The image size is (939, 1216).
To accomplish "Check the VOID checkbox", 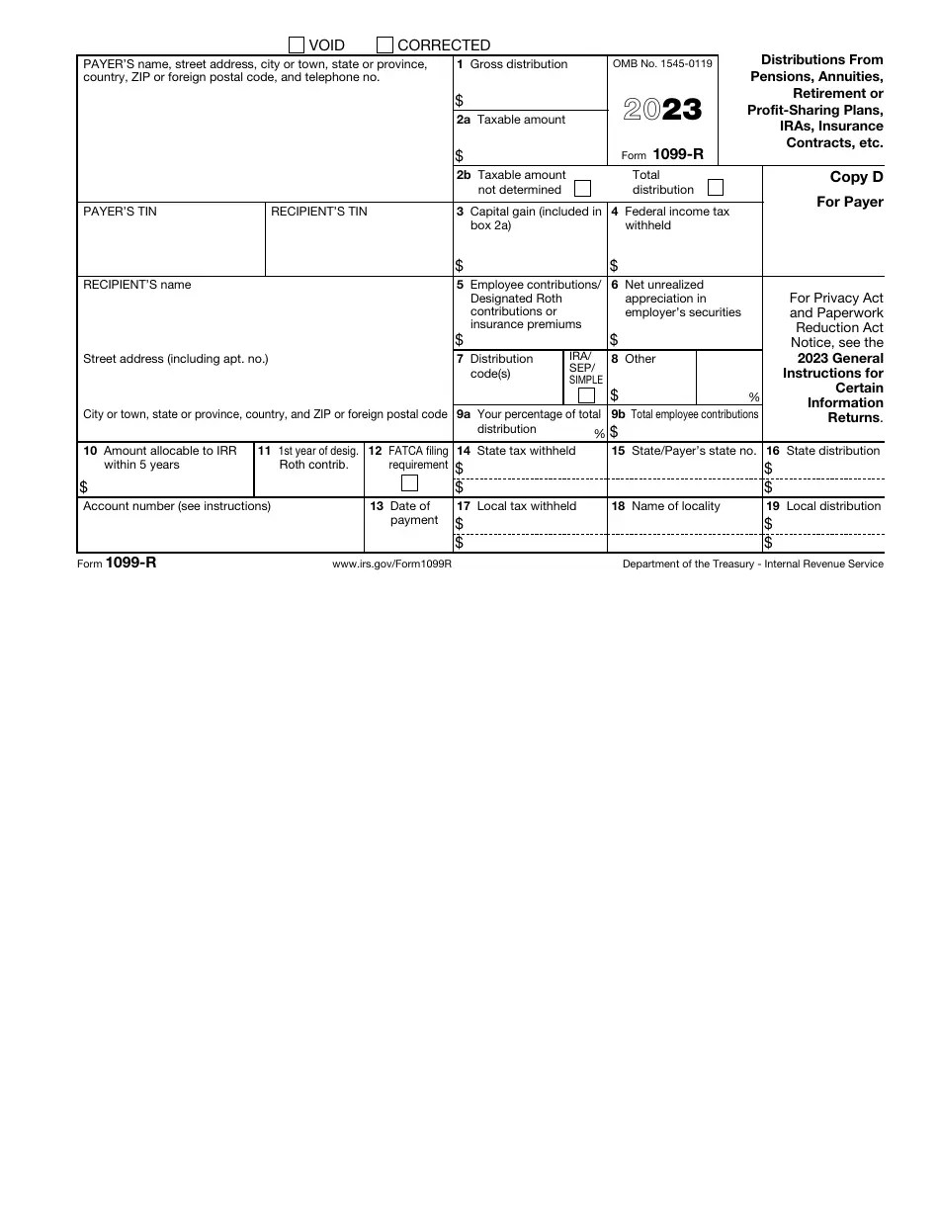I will click(x=297, y=44).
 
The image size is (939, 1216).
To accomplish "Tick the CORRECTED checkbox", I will click(x=385, y=44).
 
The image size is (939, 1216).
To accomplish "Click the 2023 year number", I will click(x=662, y=110).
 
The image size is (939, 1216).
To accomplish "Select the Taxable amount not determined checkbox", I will click(x=583, y=188).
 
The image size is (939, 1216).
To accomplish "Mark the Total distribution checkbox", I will click(x=716, y=187).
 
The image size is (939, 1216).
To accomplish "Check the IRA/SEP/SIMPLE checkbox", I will click(x=586, y=395).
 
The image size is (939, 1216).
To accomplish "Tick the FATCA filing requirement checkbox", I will click(x=409, y=483).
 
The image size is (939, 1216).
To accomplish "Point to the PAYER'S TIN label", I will click(x=120, y=212).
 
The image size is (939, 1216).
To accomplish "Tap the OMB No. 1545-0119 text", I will click(x=662, y=64).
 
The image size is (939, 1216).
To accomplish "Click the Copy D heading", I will click(x=856, y=178).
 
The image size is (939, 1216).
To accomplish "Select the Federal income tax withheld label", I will click(x=676, y=218).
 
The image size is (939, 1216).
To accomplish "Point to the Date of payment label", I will click(x=413, y=513).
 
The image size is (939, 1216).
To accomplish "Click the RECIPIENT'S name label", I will click(x=137, y=285).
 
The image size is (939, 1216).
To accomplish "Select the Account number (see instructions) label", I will click(x=177, y=506).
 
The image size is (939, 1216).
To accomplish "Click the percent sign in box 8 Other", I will click(x=754, y=397).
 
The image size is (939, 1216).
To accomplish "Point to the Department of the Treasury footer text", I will click(x=752, y=564).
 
